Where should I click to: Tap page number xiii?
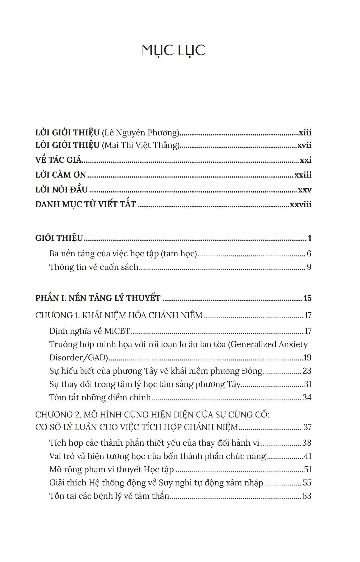pos(305,133)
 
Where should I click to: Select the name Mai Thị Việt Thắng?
pos(140,145)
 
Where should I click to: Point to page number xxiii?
pos(303,175)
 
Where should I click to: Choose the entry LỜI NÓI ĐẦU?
pos(61,190)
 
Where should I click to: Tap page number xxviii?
pos(300,204)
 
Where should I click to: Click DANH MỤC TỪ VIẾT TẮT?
pos(86,204)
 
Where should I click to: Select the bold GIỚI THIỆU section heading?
pos(59,238)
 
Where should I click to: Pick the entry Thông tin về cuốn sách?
pos(94,267)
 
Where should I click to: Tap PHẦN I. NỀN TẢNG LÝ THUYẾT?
pos(98,298)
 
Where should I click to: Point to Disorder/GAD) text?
pos(79,358)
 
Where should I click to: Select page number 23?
pos(307,371)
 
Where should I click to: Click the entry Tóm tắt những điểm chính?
pos(100,397)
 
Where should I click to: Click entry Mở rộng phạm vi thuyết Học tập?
pos(112,470)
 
